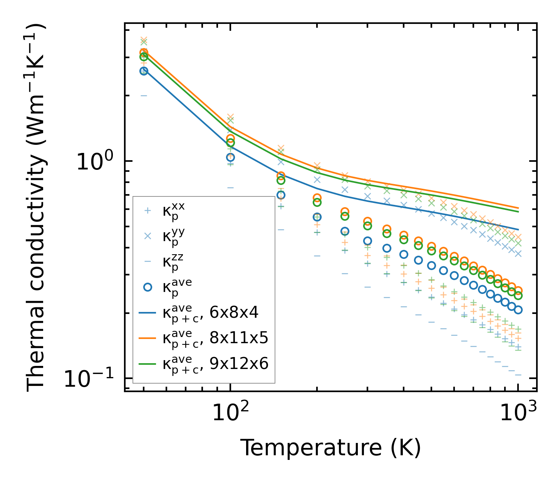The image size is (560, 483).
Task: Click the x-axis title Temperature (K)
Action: coord(330,448)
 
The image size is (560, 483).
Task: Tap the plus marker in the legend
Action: coord(148,211)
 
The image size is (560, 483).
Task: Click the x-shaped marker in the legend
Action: coord(148,236)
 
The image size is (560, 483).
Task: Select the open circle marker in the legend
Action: coord(148,287)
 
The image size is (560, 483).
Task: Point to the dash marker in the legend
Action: coord(148,262)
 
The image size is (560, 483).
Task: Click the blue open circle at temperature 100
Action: coord(230,157)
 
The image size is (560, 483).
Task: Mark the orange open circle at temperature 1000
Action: coord(518,291)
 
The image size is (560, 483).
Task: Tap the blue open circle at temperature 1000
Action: coord(518,310)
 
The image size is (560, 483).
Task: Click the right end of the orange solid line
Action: coord(518,208)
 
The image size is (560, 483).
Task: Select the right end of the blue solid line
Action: coord(518,230)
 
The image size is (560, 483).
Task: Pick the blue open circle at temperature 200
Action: coord(317,217)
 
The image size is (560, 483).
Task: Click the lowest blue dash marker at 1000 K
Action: coord(518,374)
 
